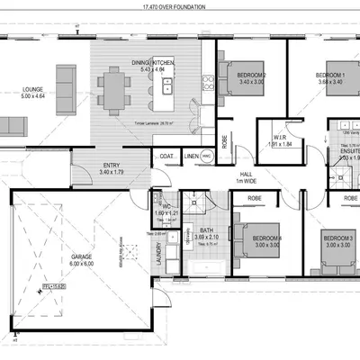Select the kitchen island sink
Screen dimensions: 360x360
click(x=167, y=88)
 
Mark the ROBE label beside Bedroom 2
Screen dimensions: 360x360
click(x=224, y=141)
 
